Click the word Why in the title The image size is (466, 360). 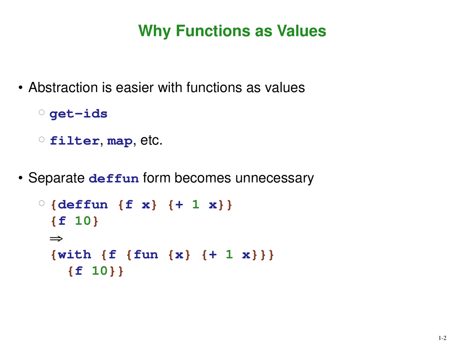154,31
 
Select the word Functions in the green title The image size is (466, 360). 213,31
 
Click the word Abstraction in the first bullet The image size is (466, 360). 63,87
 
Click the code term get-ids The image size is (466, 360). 79,114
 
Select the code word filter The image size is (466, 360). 75,141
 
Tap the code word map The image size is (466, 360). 120,142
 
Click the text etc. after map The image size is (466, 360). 151,141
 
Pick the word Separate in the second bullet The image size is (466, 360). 56,178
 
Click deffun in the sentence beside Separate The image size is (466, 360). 114,178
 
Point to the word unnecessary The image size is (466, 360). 275,178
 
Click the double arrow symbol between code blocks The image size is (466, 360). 56,239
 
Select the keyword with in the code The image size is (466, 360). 74,255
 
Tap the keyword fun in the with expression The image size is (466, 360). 146,255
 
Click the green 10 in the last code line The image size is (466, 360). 100,271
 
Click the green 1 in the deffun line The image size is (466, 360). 196,205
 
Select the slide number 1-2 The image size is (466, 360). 442,338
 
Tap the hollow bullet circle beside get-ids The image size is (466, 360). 42,112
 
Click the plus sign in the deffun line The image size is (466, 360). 179,205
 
